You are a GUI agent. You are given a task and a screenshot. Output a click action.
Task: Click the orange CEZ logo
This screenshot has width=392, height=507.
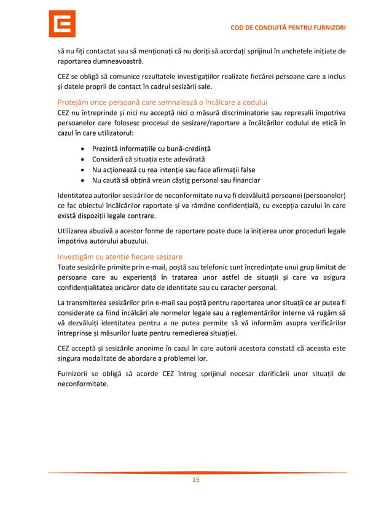click(62, 24)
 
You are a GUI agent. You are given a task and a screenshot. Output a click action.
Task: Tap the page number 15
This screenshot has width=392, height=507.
click(196, 481)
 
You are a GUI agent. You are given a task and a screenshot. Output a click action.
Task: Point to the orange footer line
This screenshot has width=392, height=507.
click(196, 473)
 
